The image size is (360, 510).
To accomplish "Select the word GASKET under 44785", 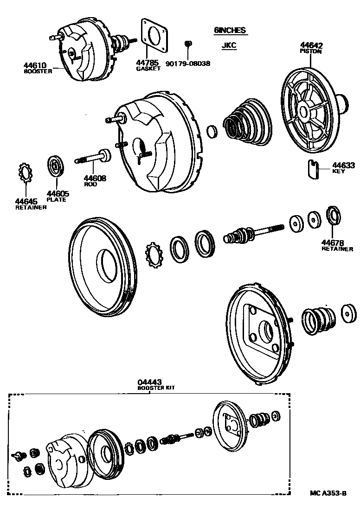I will coord(148,69).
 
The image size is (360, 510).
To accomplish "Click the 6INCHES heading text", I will coord(230,31).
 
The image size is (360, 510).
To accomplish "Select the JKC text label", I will coord(230,46).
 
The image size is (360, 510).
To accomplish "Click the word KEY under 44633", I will coord(339,171).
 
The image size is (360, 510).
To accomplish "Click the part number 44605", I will coord(56,194).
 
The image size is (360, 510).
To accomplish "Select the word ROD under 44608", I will coord(90,184).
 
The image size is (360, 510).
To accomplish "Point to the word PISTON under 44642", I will coord(311,51).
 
